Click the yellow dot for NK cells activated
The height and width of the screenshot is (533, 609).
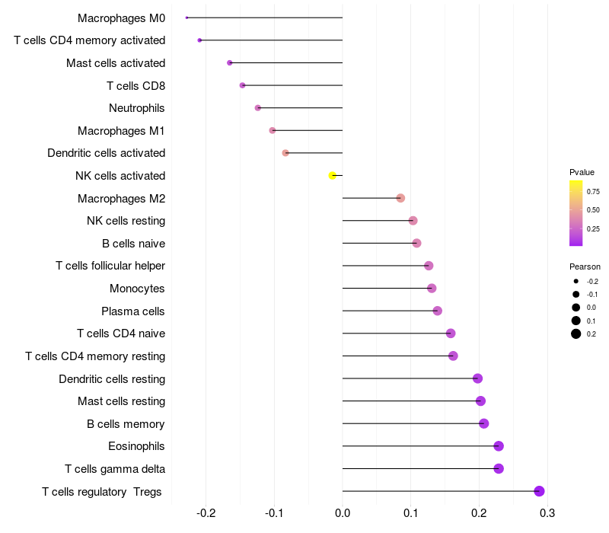tap(332, 176)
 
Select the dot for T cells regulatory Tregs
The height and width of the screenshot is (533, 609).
tap(539, 491)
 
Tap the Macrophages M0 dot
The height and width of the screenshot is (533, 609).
tap(187, 18)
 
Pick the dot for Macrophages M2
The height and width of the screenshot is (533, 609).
tap(400, 198)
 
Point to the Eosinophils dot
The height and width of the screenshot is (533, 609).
tap(499, 446)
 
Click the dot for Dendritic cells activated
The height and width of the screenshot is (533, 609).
tap(285, 153)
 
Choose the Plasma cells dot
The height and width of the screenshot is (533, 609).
tap(437, 311)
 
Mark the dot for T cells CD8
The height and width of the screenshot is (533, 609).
tap(242, 85)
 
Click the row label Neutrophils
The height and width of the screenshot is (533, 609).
tap(137, 108)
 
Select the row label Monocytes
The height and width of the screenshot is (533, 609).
tap(137, 289)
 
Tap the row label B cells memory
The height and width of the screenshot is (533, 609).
tap(126, 424)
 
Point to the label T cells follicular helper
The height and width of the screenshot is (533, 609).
tap(110, 266)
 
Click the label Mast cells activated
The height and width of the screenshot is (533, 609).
tap(116, 62)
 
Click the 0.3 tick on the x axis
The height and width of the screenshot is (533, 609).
tap(547, 513)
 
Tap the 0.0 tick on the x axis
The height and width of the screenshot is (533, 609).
tap(343, 513)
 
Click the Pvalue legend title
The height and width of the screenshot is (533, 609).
tap(582, 172)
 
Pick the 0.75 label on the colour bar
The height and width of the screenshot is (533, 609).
tap(592, 192)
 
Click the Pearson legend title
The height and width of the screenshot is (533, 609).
tap(585, 267)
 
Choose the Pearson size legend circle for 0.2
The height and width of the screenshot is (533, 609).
tap(576, 334)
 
